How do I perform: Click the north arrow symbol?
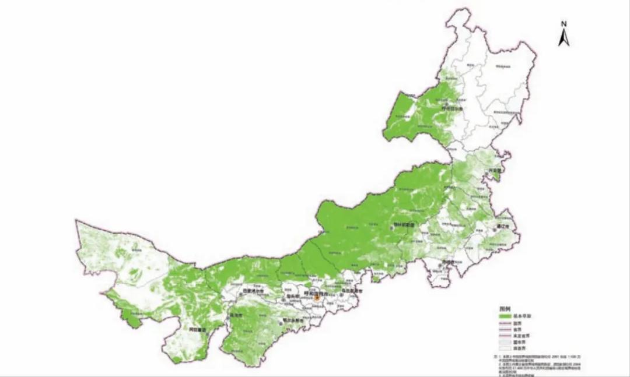click(x=563, y=38)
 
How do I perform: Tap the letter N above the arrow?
click(x=564, y=24)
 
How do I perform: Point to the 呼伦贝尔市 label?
click(x=451, y=108)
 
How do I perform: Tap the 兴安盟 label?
click(x=495, y=171)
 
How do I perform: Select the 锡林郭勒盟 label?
click(x=402, y=225)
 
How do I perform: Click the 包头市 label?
click(x=285, y=296)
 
